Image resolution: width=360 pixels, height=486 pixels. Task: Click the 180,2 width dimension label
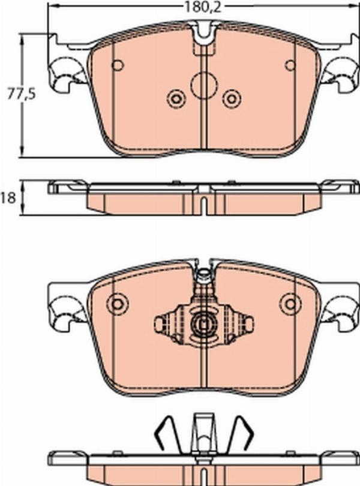click(x=203, y=7)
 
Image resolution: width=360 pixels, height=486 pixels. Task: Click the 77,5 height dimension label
click(x=22, y=94)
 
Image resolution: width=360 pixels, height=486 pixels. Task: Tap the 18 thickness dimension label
click(x=8, y=198)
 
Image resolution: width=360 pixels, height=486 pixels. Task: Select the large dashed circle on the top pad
click(x=204, y=86)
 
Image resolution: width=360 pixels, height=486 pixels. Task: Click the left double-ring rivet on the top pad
click(x=176, y=99)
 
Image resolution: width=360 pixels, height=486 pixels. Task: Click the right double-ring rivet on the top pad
click(x=232, y=99)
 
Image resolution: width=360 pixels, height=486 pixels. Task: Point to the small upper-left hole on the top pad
click(x=118, y=65)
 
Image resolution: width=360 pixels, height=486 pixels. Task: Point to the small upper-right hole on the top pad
click(x=290, y=65)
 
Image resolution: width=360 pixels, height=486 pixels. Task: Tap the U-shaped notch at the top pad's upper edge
click(x=204, y=32)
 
